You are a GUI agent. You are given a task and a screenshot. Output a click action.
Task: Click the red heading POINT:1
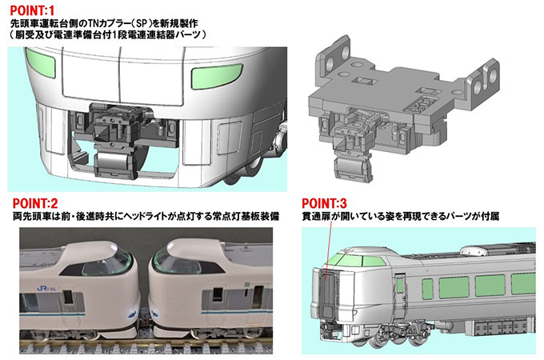pyautogui.click(x=30, y=10)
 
